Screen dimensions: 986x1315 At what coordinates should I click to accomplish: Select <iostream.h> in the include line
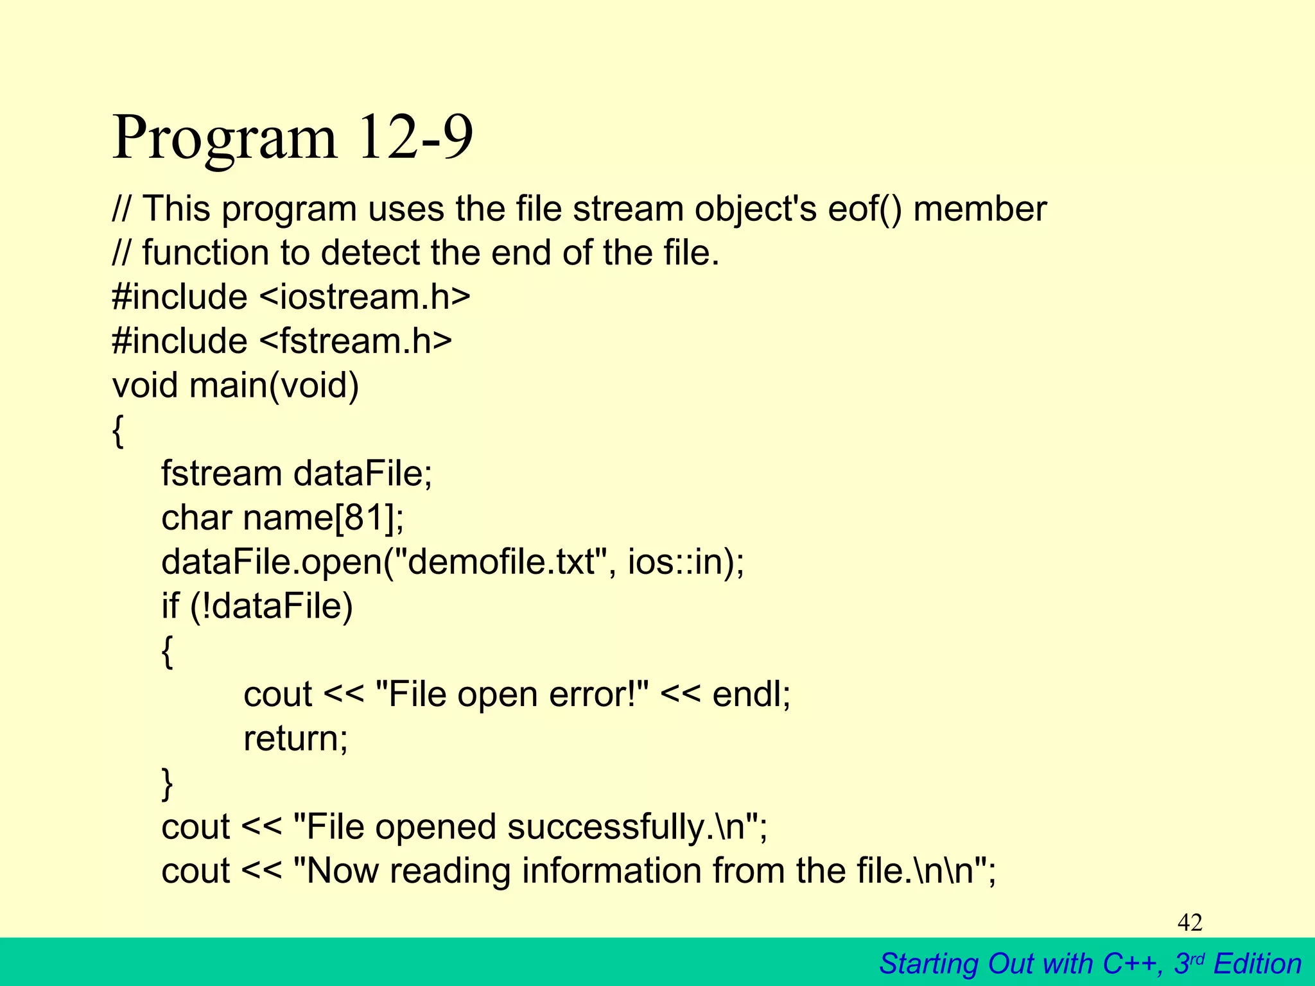(x=365, y=297)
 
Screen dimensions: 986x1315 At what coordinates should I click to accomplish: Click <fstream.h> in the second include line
(x=356, y=341)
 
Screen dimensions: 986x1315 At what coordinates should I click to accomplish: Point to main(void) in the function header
(x=274, y=386)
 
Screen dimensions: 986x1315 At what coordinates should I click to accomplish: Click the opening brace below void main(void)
(x=118, y=431)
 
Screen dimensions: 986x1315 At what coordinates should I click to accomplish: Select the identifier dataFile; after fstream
(x=363, y=474)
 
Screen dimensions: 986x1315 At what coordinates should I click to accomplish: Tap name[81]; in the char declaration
(x=324, y=518)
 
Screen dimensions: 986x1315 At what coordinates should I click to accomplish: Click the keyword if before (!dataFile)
(x=170, y=606)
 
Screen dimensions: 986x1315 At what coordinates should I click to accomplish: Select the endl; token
(x=751, y=695)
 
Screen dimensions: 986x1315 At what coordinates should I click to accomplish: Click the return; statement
(x=295, y=739)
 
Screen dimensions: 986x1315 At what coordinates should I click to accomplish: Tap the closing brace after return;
(x=167, y=783)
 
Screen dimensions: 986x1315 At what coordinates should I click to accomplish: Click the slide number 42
(x=1190, y=922)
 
